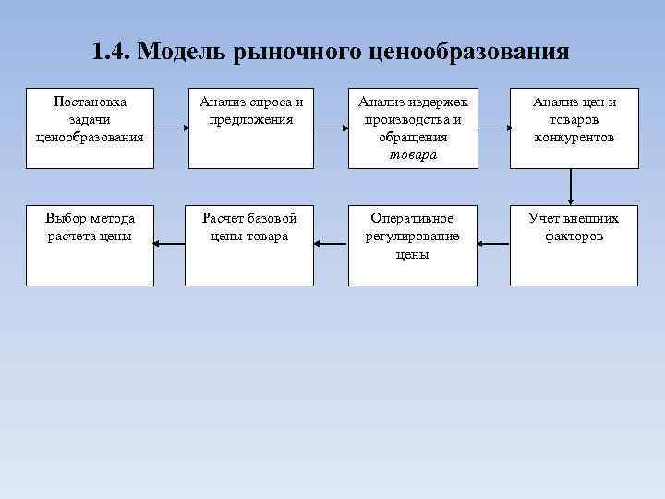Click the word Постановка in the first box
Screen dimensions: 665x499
point(90,102)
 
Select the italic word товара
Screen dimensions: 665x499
point(413,154)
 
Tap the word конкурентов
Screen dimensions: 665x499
point(574,137)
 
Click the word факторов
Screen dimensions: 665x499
point(574,237)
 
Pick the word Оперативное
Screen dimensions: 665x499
point(412,219)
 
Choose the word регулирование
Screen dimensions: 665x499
point(412,237)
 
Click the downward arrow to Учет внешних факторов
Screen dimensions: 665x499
point(573,188)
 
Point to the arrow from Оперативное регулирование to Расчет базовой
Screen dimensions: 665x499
point(331,244)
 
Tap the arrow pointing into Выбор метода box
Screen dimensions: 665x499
point(169,244)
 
